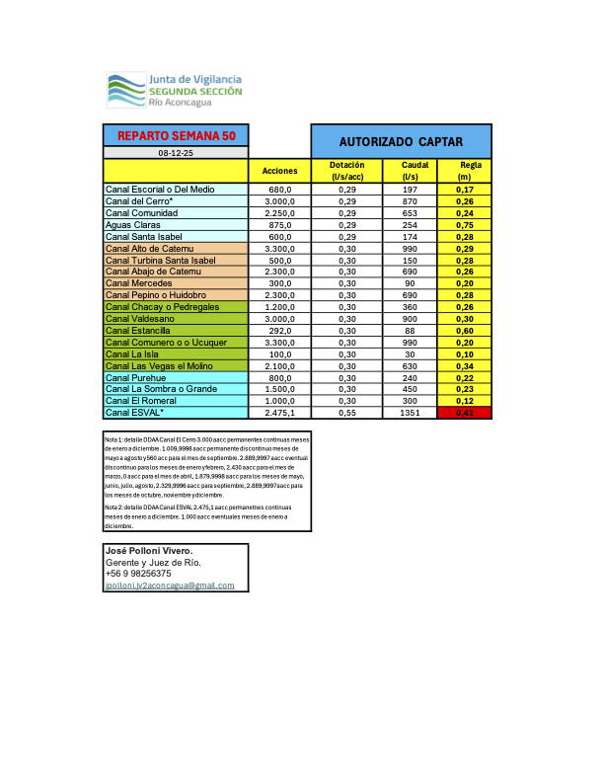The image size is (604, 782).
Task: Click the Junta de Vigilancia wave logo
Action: (x=124, y=90)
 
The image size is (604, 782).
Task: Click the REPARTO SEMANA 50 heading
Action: (x=176, y=135)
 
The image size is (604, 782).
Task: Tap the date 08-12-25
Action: (x=176, y=153)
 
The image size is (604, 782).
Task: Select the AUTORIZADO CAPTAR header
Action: (x=401, y=141)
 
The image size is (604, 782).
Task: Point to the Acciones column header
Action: (x=279, y=171)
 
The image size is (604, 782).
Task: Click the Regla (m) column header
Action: (x=464, y=170)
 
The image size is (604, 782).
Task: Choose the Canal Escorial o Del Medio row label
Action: (x=160, y=190)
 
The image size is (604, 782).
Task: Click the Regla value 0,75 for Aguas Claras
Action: (x=464, y=225)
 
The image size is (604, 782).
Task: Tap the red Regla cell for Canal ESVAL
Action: (x=464, y=414)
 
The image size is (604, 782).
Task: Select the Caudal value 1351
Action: (x=410, y=414)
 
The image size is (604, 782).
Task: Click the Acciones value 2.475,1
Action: (x=279, y=414)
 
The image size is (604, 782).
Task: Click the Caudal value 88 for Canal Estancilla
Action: (x=410, y=331)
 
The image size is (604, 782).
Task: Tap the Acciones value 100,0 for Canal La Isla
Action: (x=279, y=354)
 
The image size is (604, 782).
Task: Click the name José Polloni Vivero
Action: (x=149, y=550)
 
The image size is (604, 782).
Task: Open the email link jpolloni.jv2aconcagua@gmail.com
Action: (x=170, y=586)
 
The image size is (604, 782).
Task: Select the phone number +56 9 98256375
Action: (x=138, y=574)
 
